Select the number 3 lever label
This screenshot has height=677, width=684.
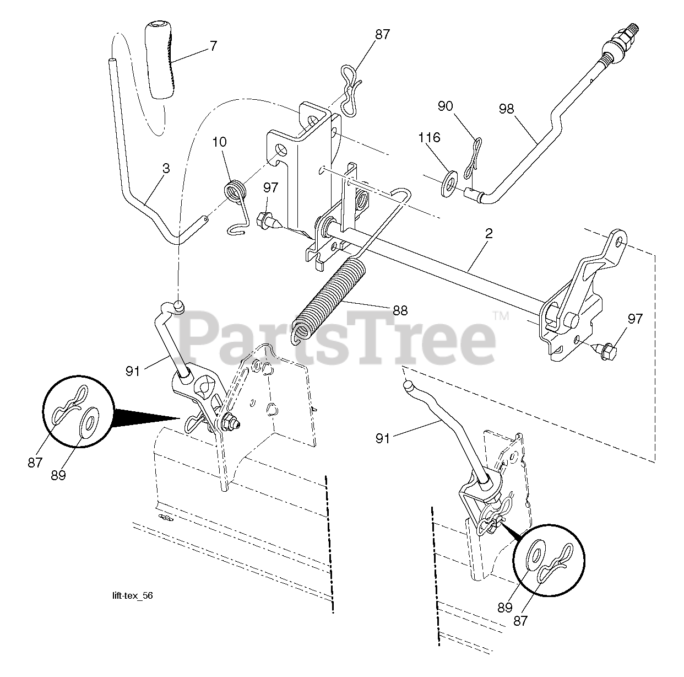pos(166,168)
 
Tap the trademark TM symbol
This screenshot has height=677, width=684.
pos(500,316)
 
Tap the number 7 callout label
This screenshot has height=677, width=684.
pos(213,46)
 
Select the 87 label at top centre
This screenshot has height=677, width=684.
pos(382,35)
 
